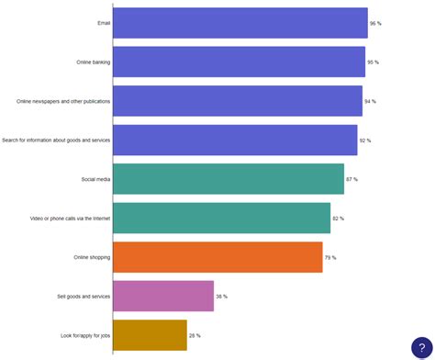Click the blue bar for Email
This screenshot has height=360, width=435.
point(240,23)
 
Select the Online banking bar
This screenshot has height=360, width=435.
point(240,62)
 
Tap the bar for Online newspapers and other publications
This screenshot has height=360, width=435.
point(238,101)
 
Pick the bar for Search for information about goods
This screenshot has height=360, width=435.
point(235,140)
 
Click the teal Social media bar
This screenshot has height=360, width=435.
point(229,179)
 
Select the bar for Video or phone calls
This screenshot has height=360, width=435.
point(221,219)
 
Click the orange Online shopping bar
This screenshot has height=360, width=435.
point(217,257)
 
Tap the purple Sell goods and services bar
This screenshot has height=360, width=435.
point(163,297)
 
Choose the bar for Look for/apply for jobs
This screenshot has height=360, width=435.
point(150,335)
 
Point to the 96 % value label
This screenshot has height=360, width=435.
point(375,23)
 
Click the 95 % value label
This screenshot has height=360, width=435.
point(373,62)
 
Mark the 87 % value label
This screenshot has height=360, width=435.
point(351,179)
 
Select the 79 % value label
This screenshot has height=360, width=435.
point(330,258)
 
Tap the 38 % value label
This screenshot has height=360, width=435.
point(221,297)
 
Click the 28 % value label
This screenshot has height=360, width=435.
point(195,336)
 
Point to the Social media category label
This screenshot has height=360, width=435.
point(95,179)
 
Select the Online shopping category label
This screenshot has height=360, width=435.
point(92,258)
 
